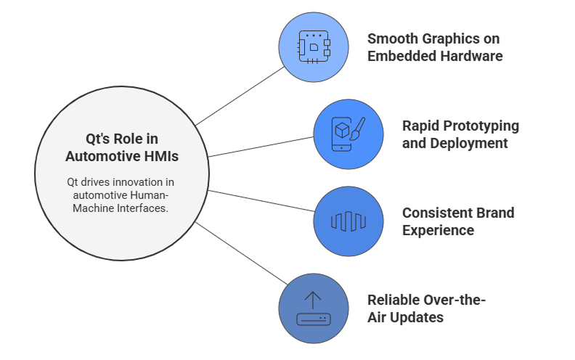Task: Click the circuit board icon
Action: click(314, 47)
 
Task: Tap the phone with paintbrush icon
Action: click(348, 134)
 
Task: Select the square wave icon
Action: click(348, 221)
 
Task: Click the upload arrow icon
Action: click(314, 308)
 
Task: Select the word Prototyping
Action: click(481, 126)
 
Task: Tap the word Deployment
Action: click(469, 144)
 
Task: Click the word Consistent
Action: click(432, 213)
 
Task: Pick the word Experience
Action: click(439, 231)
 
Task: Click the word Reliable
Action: click(393, 300)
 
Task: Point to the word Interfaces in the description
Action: click(142, 208)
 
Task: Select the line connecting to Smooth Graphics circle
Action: click(240, 96)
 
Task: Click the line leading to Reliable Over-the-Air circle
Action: click(242, 253)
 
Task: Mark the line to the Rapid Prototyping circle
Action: click(261, 147)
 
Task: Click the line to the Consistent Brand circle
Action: click(261, 201)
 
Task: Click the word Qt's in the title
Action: click(97, 139)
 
